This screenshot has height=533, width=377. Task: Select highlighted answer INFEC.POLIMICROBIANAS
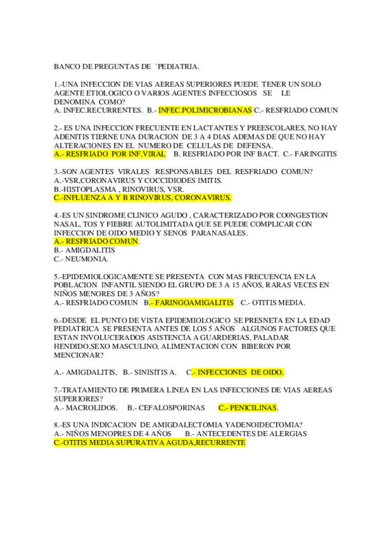pyautogui.click(x=205, y=110)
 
